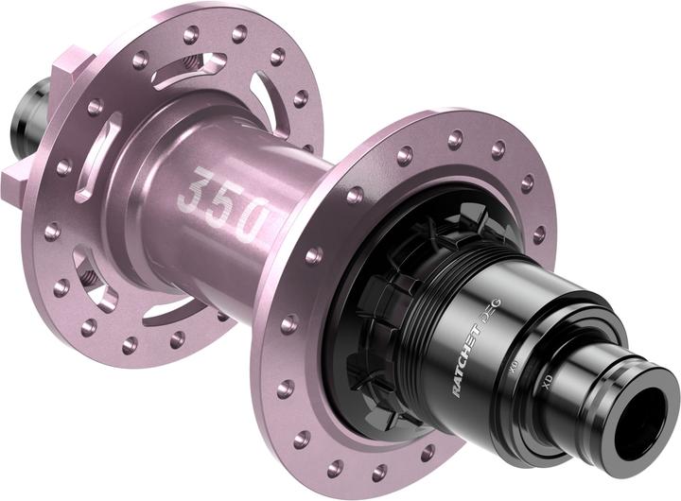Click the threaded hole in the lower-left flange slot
point(90,278)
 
